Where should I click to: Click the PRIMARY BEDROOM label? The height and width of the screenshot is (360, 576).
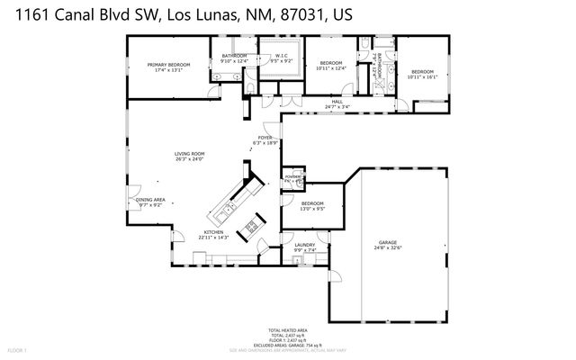point(170,65)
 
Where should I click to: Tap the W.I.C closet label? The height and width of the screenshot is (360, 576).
point(280,56)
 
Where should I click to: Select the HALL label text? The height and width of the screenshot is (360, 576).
point(337,103)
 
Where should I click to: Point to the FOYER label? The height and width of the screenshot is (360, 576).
point(265,138)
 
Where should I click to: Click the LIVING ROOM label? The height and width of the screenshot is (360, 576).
point(190,154)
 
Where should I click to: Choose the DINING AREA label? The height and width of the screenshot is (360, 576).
point(150,200)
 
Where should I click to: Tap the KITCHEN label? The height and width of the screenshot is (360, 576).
point(213,233)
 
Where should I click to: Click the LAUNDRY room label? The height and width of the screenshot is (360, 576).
point(303,244)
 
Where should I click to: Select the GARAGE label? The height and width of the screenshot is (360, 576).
point(388,243)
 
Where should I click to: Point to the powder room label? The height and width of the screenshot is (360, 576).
point(292,177)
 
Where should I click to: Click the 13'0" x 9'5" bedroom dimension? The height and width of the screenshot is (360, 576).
point(312,209)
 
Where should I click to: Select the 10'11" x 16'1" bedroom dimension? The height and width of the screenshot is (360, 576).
point(422,77)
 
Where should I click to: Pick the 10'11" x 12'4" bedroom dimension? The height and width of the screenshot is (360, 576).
point(331,68)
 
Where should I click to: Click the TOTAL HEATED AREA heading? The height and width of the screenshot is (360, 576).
point(288,329)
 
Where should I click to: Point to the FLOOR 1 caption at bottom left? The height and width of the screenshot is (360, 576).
point(18,349)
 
